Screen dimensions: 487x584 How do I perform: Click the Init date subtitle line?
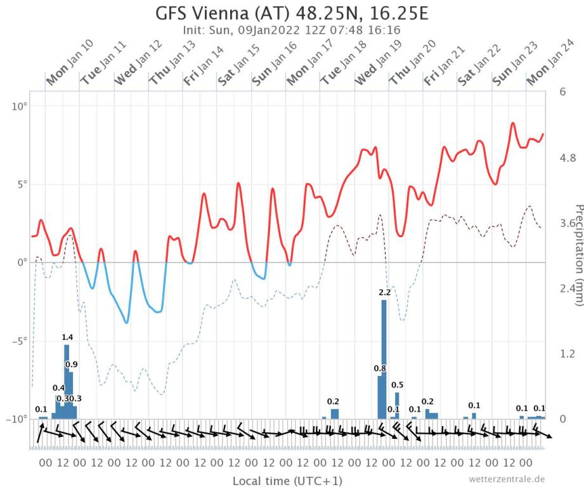292,30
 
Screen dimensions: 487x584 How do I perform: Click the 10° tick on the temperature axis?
18,106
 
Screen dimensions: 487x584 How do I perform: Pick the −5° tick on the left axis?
16,341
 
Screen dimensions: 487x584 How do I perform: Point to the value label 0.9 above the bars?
72,364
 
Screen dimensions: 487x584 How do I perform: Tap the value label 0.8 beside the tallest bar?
380,368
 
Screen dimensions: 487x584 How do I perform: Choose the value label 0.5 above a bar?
398,385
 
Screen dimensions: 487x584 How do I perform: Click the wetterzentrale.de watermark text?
507,479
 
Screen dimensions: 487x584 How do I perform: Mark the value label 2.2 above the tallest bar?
384,292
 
